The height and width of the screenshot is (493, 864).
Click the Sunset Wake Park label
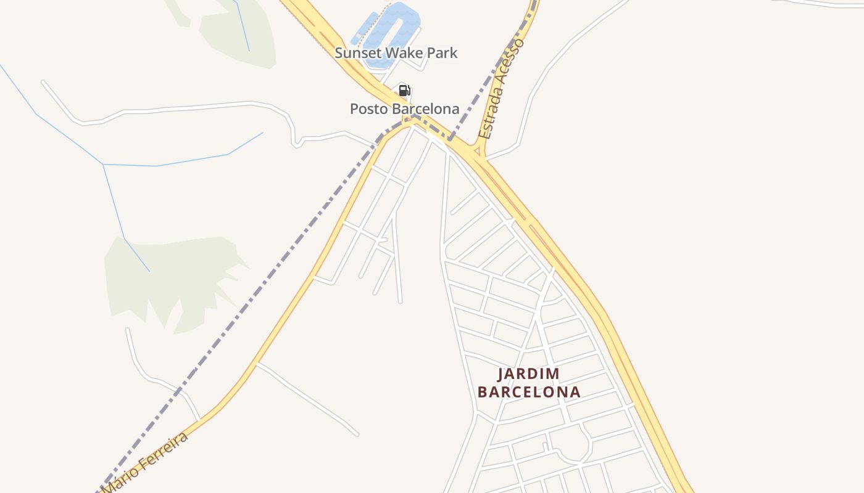tap(396, 53)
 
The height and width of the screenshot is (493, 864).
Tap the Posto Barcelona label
tap(404, 109)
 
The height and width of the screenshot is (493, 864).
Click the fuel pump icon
tap(404, 91)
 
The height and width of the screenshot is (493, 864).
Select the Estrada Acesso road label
tap(502, 89)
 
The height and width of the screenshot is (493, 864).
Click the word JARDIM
tap(529, 374)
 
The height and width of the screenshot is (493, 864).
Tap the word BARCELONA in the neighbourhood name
tap(529, 392)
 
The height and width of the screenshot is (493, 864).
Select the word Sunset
tap(355, 53)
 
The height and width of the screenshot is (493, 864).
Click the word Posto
tap(368, 109)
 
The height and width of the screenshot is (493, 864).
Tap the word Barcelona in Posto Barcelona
tap(424, 109)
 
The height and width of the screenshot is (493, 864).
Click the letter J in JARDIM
tap(501, 374)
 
